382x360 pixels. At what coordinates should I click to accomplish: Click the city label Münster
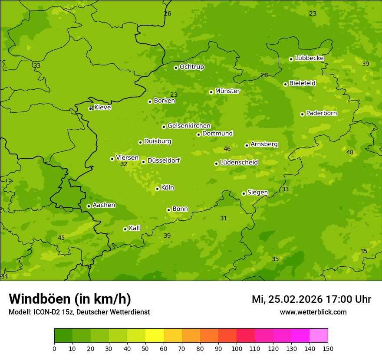click(227, 91)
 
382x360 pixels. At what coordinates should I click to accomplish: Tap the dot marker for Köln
click(157, 189)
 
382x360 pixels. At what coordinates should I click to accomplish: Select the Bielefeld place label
click(302, 83)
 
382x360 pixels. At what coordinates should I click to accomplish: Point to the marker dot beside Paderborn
click(302, 114)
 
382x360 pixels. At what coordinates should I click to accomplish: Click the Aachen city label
click(104, 205)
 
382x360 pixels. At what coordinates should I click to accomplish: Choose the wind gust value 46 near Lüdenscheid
click(227, 149)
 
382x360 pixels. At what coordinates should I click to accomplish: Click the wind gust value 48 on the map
click(350, 152)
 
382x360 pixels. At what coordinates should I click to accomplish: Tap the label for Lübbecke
click(309, 58)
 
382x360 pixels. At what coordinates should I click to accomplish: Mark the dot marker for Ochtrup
click(176, 68)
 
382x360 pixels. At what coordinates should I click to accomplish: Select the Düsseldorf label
click(164, 160)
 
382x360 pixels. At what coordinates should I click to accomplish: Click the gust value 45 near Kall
click(61, 238)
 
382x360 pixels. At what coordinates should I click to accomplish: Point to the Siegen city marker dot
click(244, 193)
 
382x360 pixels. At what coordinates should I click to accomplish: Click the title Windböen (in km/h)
click(70, 299)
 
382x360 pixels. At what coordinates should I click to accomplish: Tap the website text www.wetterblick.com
click(313, 312)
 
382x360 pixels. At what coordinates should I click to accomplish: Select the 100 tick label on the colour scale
click(237, 348)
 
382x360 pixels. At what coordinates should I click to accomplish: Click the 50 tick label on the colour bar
click(145, 348)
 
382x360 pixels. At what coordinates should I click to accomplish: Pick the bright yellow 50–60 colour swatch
click(155, 336)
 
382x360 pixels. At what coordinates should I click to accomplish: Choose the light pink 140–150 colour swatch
click(319, 336)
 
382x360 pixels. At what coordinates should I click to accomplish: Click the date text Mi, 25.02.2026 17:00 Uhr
click(311, 299)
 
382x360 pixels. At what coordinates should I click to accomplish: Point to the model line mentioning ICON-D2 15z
click(79, 312)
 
